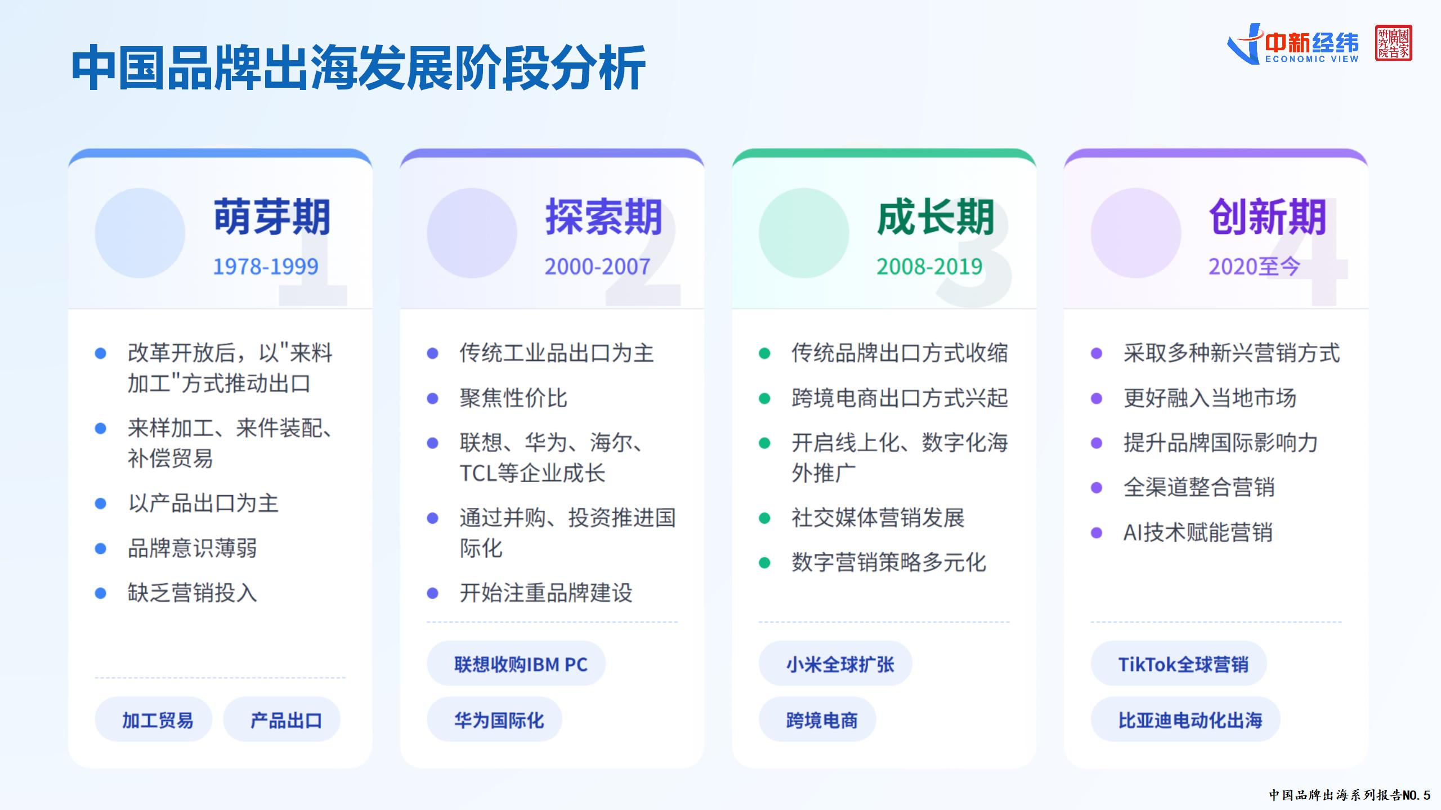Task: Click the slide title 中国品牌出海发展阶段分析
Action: coord(358,69)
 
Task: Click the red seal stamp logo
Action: coord(1393,43)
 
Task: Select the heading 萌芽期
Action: coord(272,217)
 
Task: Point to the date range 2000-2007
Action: coord(597,267)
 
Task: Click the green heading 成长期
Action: coord(936,217)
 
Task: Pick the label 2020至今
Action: coord(1254,267)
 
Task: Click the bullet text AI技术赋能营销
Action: coord(1198,533)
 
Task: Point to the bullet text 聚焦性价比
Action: coord(513,398)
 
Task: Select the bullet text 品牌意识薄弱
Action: coord(192,548)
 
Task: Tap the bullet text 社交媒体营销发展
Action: coord(878,517)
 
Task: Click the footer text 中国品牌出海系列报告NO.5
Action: coord(1349,795)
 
